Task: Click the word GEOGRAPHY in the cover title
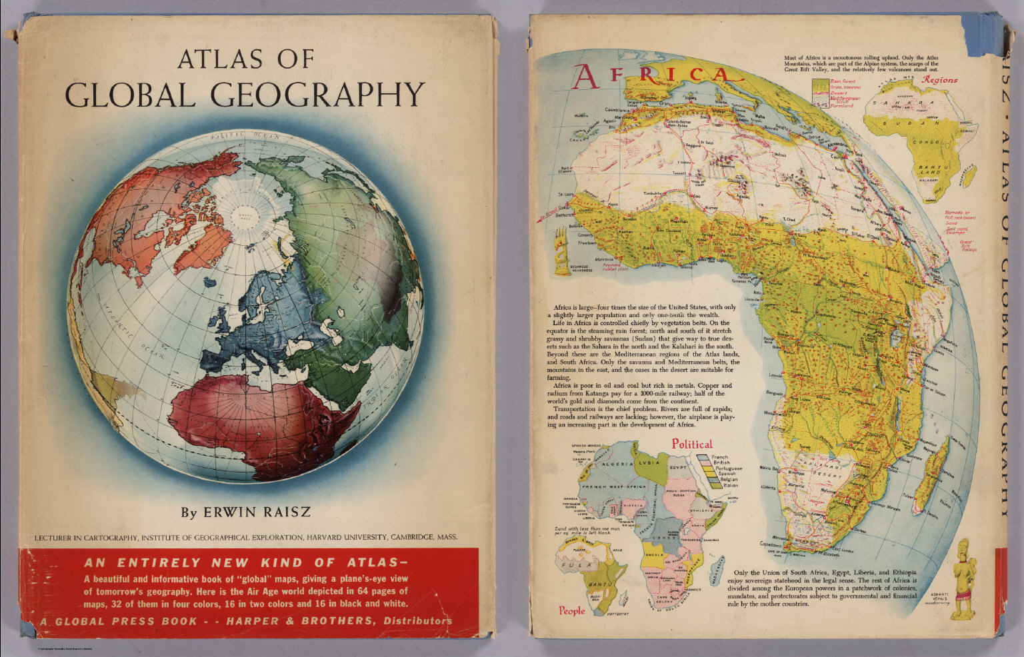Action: [320, 95]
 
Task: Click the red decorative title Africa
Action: [657, 75]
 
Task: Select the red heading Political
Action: [691, 444]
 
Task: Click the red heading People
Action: [572, 610]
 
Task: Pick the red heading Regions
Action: [939, 79]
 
